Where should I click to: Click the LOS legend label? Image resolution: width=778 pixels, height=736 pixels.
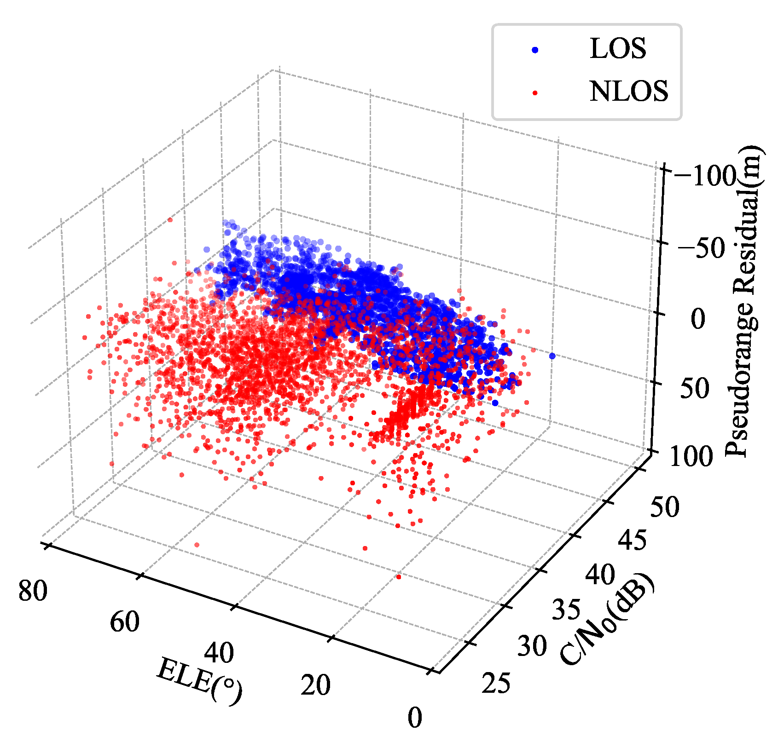coord(618,49)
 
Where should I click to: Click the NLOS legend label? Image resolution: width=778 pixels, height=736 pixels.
coord(628,91)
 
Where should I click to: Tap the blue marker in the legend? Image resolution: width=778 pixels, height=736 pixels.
coord(535,50)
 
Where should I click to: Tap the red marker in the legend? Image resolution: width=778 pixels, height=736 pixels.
coord(535,92)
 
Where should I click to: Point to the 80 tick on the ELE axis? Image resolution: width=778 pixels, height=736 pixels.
coord(32,591)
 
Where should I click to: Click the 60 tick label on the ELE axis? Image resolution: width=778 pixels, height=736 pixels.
coord(124,622)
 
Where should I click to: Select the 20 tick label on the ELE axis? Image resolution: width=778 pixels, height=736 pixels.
coord(315,685)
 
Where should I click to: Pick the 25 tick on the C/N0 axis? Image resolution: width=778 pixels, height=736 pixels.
coord(496,683)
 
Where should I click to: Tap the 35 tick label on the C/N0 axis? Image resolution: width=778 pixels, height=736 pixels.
coord(566,610)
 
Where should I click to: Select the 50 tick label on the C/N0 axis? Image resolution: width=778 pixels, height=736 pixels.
coord(664,507)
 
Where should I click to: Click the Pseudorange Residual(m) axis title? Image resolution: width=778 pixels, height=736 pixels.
coord(742,301)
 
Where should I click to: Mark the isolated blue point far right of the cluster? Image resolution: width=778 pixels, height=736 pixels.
coord(552,356)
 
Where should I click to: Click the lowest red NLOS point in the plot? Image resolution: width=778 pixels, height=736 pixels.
coord(398,577)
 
